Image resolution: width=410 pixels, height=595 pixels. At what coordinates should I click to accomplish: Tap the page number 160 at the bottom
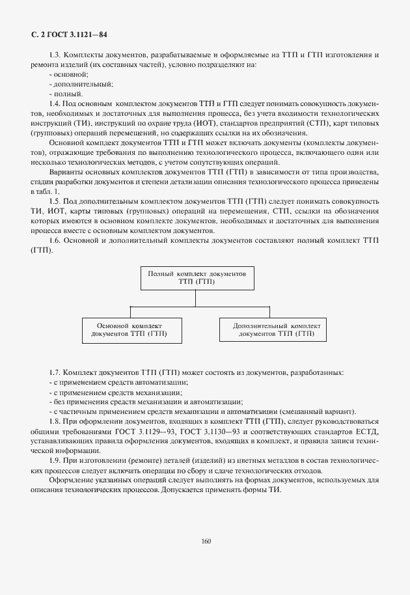pyautogui.click(x=206, y=540)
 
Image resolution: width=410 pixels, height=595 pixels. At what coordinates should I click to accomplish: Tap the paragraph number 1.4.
pyautogui.click(x=54, y=104)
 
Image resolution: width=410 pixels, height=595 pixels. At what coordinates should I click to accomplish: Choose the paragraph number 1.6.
pyautogui.click(x=54, y=240)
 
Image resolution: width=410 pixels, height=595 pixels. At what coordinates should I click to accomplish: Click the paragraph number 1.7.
pyautogui.click(x=54, y=372)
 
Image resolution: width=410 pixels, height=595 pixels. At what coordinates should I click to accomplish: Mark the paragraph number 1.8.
pyautogui.click(x=54, y=422)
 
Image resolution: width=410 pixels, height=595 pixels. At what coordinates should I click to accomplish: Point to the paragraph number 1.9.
pyautogui.click(x=54, y=462)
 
